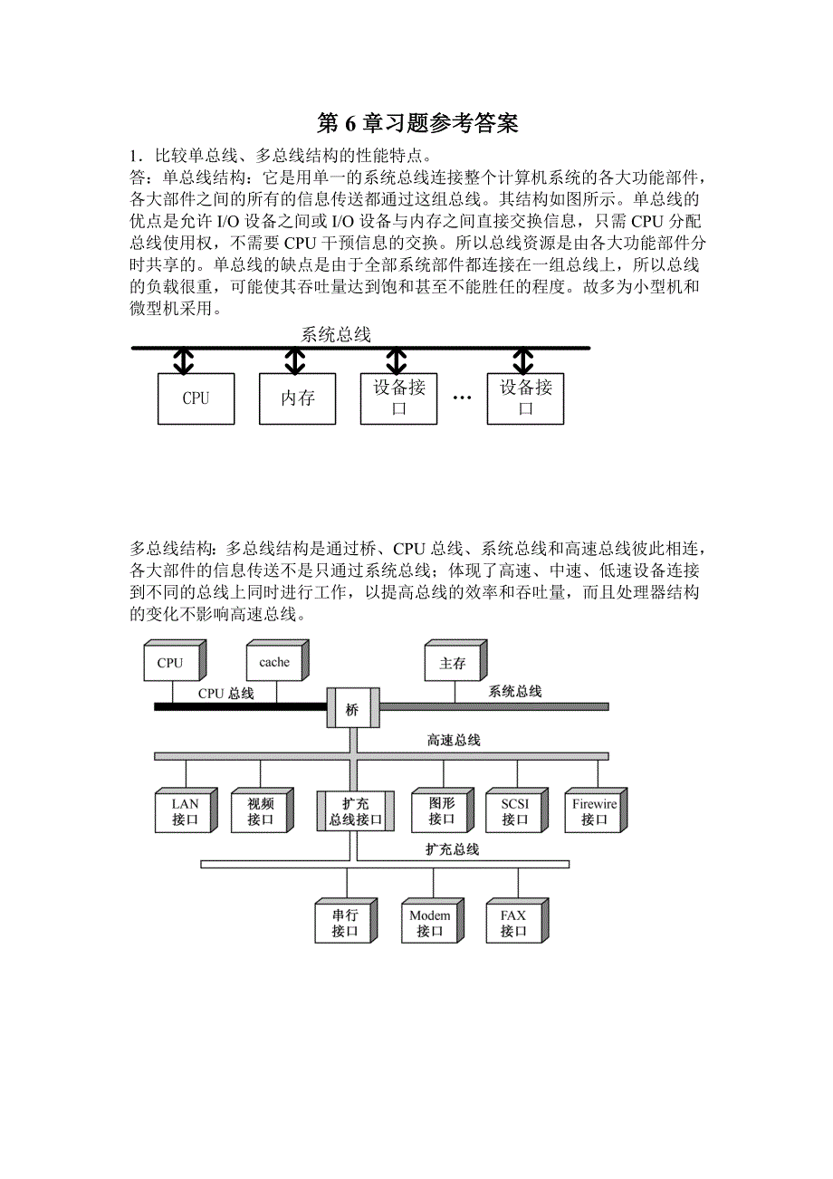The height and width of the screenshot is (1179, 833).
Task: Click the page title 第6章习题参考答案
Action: (417, 123)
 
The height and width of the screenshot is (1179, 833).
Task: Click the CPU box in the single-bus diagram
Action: (196, 398)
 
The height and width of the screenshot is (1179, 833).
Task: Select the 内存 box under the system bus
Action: (297, 398)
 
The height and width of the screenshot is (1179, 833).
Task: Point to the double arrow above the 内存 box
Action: (295, 362)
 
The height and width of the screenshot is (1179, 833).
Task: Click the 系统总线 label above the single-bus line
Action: (336, 335)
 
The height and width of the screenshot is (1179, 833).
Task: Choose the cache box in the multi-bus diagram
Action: (274, 663)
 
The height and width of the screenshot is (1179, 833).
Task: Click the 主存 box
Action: (453, 664)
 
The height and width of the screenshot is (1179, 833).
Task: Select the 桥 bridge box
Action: (351, 710)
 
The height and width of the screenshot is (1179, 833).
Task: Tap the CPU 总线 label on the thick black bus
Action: (226, 694)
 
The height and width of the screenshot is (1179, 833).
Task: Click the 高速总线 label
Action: (454, 740)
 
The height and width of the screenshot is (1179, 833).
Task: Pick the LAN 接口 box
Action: (185, 811)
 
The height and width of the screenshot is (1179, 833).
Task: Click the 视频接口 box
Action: (260, 811)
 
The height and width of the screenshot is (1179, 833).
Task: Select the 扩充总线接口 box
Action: (349, 811)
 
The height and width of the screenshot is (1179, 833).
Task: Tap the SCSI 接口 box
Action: (514, 811)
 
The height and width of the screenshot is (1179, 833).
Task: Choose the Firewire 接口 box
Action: (594, 811)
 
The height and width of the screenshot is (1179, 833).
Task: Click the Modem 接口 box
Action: (429, 923)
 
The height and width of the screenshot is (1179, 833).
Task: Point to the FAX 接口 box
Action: (513, 923)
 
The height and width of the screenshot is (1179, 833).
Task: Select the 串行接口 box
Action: (344, 923)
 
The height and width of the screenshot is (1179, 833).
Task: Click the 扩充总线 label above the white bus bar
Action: (453, 849)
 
